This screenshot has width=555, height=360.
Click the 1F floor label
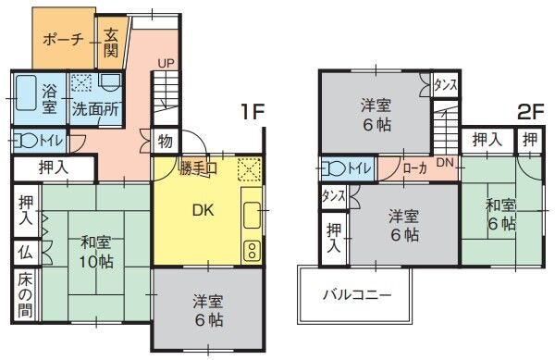click(253, 112)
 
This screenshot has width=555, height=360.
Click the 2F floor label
click(530, 113)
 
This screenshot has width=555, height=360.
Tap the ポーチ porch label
click(63, 40)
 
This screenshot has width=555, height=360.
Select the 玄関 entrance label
click(111, 43)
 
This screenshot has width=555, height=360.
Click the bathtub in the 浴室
click(26, 93)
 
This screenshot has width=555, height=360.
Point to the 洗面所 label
click(95, 109)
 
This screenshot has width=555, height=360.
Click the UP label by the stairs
click(166, 64)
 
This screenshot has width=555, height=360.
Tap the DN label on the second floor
click(445, 163)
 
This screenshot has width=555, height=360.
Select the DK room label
click(203, 210)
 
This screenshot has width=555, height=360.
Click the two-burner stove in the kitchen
click(252, 251)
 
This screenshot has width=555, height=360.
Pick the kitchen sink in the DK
click(253, 216)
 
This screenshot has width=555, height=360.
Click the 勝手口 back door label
click(198, 168)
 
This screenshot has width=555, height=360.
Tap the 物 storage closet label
click(166, 142)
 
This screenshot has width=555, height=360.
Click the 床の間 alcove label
click(26, 294)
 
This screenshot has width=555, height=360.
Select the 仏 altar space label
click(26, 253)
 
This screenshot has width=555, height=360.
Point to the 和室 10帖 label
click(96, 253)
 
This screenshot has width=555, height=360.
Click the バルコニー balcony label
click(357, 294)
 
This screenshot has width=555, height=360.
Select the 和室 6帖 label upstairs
click(500, 215)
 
